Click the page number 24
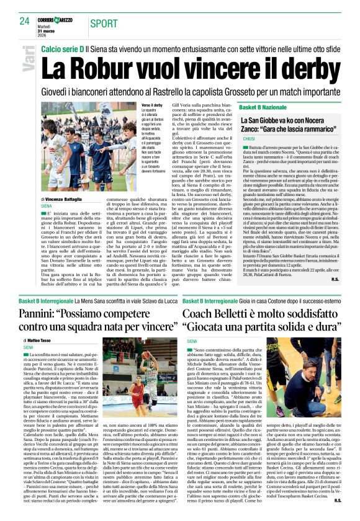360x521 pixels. pyautogui.click(x=25, y=21)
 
